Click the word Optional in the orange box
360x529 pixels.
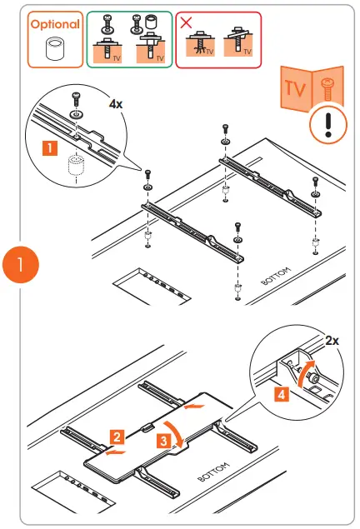[x=55, y=24]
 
